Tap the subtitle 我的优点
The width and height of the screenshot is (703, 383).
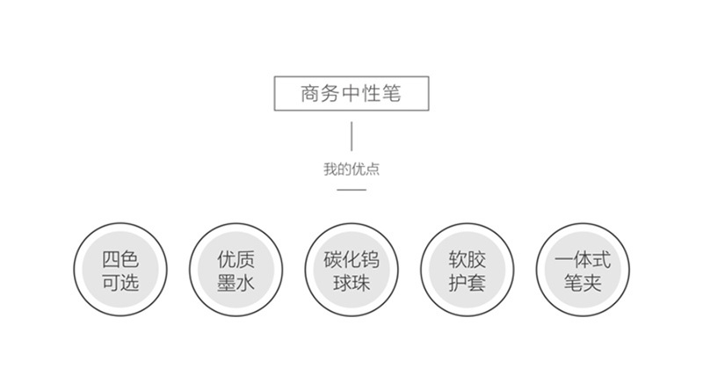point(351,170)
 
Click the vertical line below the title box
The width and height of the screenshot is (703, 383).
point(351,136)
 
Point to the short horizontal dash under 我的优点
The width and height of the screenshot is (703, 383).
point(351,190)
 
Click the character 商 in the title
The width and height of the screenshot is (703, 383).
point(310,94)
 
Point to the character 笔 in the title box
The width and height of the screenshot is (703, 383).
point(392,94)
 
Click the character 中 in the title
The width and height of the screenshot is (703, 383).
point(351,94)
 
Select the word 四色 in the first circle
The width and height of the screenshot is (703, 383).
point(120,259)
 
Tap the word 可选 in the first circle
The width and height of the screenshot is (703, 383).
point(120,283)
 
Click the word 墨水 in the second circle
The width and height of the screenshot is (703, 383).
point(236,283)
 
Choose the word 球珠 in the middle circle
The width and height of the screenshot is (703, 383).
point(351,283)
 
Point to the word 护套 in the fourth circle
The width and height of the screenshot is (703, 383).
point(467,283)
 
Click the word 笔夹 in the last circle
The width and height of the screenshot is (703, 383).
point(583,283)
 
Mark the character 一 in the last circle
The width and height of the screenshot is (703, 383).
point(564,260)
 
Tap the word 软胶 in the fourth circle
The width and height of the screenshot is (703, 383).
point(467,259)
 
